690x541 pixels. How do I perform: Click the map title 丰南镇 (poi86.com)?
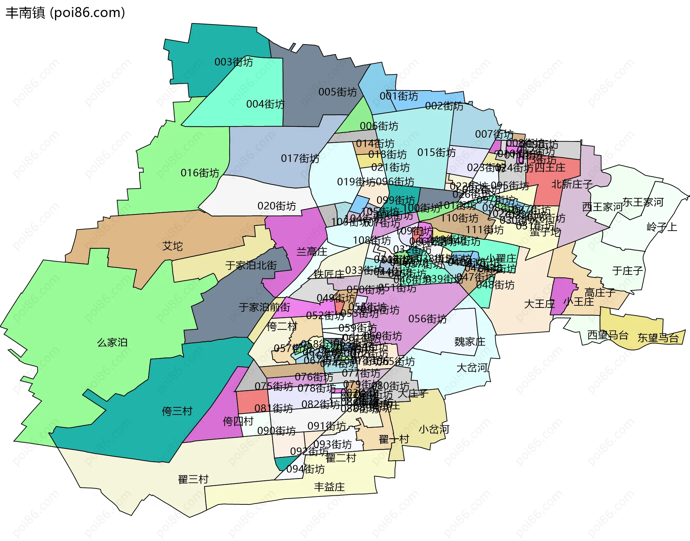pos(65,13)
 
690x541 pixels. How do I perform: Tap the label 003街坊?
pos(234,62)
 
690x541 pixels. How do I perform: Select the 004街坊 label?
pos(265,104)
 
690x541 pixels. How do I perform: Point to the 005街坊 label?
pos(337,92)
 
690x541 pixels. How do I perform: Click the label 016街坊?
pos(200,173)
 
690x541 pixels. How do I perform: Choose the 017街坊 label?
pos(300,158)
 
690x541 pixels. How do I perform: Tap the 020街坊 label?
pos(277,206)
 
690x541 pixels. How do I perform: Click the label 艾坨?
pos(172,246)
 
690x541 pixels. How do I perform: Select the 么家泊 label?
pos(112,342)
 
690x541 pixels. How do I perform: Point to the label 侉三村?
pos(177,411)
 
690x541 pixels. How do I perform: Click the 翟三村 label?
pos(193,479)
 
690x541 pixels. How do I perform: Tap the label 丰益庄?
pos(329,487)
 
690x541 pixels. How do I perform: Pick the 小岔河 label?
pos(434,429)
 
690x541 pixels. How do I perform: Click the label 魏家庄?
pos(470,342)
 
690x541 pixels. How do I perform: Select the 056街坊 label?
pos(427,319)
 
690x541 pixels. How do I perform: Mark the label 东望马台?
pos(658,338)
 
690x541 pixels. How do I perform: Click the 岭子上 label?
pos(662,227)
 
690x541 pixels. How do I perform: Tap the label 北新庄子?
pos(572,184)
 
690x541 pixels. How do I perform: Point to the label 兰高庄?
pos(312,251)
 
